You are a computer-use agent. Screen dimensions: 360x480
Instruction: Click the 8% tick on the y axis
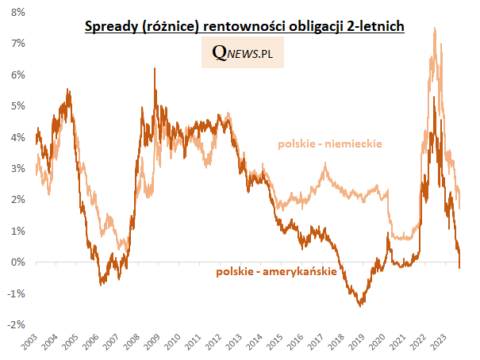[x=15, y=13]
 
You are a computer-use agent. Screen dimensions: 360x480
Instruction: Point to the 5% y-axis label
[x=15, y=106]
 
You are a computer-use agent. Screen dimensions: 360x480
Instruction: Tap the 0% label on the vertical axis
[x=15, y=262]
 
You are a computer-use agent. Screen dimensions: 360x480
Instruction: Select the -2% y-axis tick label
[x=13, y=325]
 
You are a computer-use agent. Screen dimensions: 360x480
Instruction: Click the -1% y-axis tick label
[x=13, y=293]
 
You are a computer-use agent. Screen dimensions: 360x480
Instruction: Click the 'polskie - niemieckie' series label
[x=330, y=144]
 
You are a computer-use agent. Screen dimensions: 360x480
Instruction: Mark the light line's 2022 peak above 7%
[x=434, y=29]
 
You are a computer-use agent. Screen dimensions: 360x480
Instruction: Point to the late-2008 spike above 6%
[x=154, y=69]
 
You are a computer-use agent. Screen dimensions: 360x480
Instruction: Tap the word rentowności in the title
[x=240, y=28]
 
